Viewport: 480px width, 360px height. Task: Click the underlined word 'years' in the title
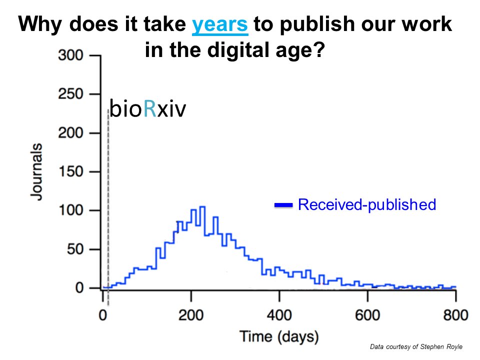click(x=220, y=25)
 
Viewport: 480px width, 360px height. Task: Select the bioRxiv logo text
click(x=147, y=108)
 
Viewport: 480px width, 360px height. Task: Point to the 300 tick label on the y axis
click(x=70, y=55)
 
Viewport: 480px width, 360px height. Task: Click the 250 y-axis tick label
click(x=70, y=94)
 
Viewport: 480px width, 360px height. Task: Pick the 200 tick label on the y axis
click(x=70, y=133)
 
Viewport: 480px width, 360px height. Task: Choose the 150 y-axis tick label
click(x=70, y=171)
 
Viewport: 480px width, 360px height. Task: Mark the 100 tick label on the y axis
click(x=70, y=210)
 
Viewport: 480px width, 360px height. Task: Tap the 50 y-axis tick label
click(x=75, y=249)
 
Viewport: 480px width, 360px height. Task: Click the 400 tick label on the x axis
click(x=279, y=315)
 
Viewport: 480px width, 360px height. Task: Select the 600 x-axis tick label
click(x=367, y=315)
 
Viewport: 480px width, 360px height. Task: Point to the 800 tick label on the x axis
click(x=456, y=315)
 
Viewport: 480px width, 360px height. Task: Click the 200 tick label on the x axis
click(x=191, y=315)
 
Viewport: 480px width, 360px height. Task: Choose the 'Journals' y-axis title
click(x=36, y=171)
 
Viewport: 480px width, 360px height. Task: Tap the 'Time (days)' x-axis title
click(x=279, y=336)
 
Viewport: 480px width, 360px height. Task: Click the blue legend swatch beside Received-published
click(x=283, y=205)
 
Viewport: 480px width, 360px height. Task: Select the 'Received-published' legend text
click(x=367, y=204)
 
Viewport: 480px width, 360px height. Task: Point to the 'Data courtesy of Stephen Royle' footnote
click(x=416, y=346)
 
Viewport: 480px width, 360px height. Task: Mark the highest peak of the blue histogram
click(x=202, y=207)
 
